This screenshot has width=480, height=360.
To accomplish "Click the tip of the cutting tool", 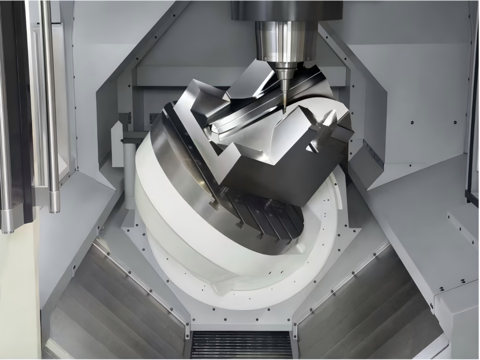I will pyautogui.click(x=284, y=111).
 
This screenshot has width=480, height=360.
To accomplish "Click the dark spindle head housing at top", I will pyautogui.click(x=287, y=10).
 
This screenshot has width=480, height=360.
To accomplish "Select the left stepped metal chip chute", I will pyautogui.click(x=120, y=307).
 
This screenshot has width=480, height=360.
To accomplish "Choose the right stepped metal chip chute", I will pyautogui.click(x=365, y=307).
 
